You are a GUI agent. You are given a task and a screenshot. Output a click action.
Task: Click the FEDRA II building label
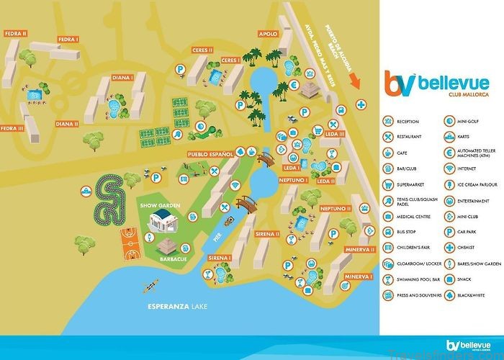click(15, 33)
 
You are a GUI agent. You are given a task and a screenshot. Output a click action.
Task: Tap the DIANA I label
click(123, 78)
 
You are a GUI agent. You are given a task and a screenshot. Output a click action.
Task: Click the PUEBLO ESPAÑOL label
click(207, 154)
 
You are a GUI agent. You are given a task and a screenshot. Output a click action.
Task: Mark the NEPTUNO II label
click(335, 208)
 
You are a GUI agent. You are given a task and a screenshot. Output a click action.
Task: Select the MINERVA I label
click(358, 276)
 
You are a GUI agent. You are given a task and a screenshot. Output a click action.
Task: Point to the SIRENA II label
click(266, 234)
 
